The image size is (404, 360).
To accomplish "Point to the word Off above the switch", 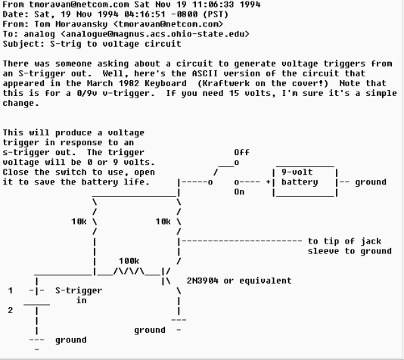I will [x=242, y=152].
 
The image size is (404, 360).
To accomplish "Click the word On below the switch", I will [x=240, y=192].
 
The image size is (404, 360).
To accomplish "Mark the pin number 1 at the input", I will [x=11, y=290].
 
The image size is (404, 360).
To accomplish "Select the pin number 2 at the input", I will [x=11, y=310].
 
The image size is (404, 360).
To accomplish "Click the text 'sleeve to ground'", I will [x=350, y=251].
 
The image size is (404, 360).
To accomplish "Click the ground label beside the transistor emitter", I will [x=150, y=331].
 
